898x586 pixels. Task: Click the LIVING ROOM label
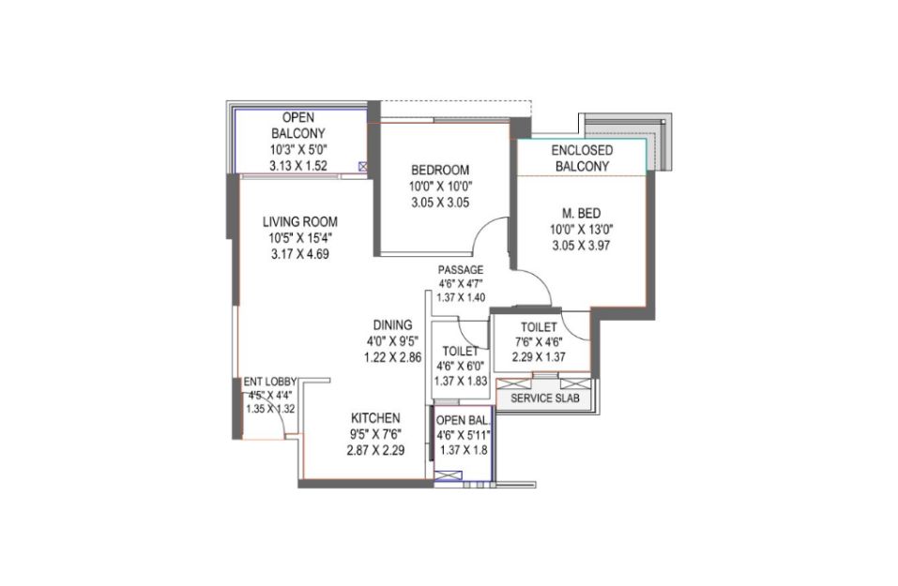300,221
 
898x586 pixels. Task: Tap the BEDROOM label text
440,170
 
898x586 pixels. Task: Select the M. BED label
581,214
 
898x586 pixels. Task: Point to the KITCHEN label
375,418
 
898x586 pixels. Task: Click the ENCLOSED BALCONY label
582,158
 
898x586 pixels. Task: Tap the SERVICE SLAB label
544,398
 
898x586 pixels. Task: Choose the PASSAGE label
461,269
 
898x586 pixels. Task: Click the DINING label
393,325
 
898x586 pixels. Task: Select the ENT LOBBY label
270,382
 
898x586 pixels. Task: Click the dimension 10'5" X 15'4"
300,237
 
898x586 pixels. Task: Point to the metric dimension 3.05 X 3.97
581,246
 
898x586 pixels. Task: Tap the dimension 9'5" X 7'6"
375,434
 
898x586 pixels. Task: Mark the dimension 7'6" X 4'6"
539,342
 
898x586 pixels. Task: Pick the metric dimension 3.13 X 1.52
298,165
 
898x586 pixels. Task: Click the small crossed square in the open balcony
362,167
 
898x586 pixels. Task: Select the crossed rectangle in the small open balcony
449,475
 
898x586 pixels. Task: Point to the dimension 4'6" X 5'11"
464,435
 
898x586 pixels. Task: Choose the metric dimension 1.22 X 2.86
393,357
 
